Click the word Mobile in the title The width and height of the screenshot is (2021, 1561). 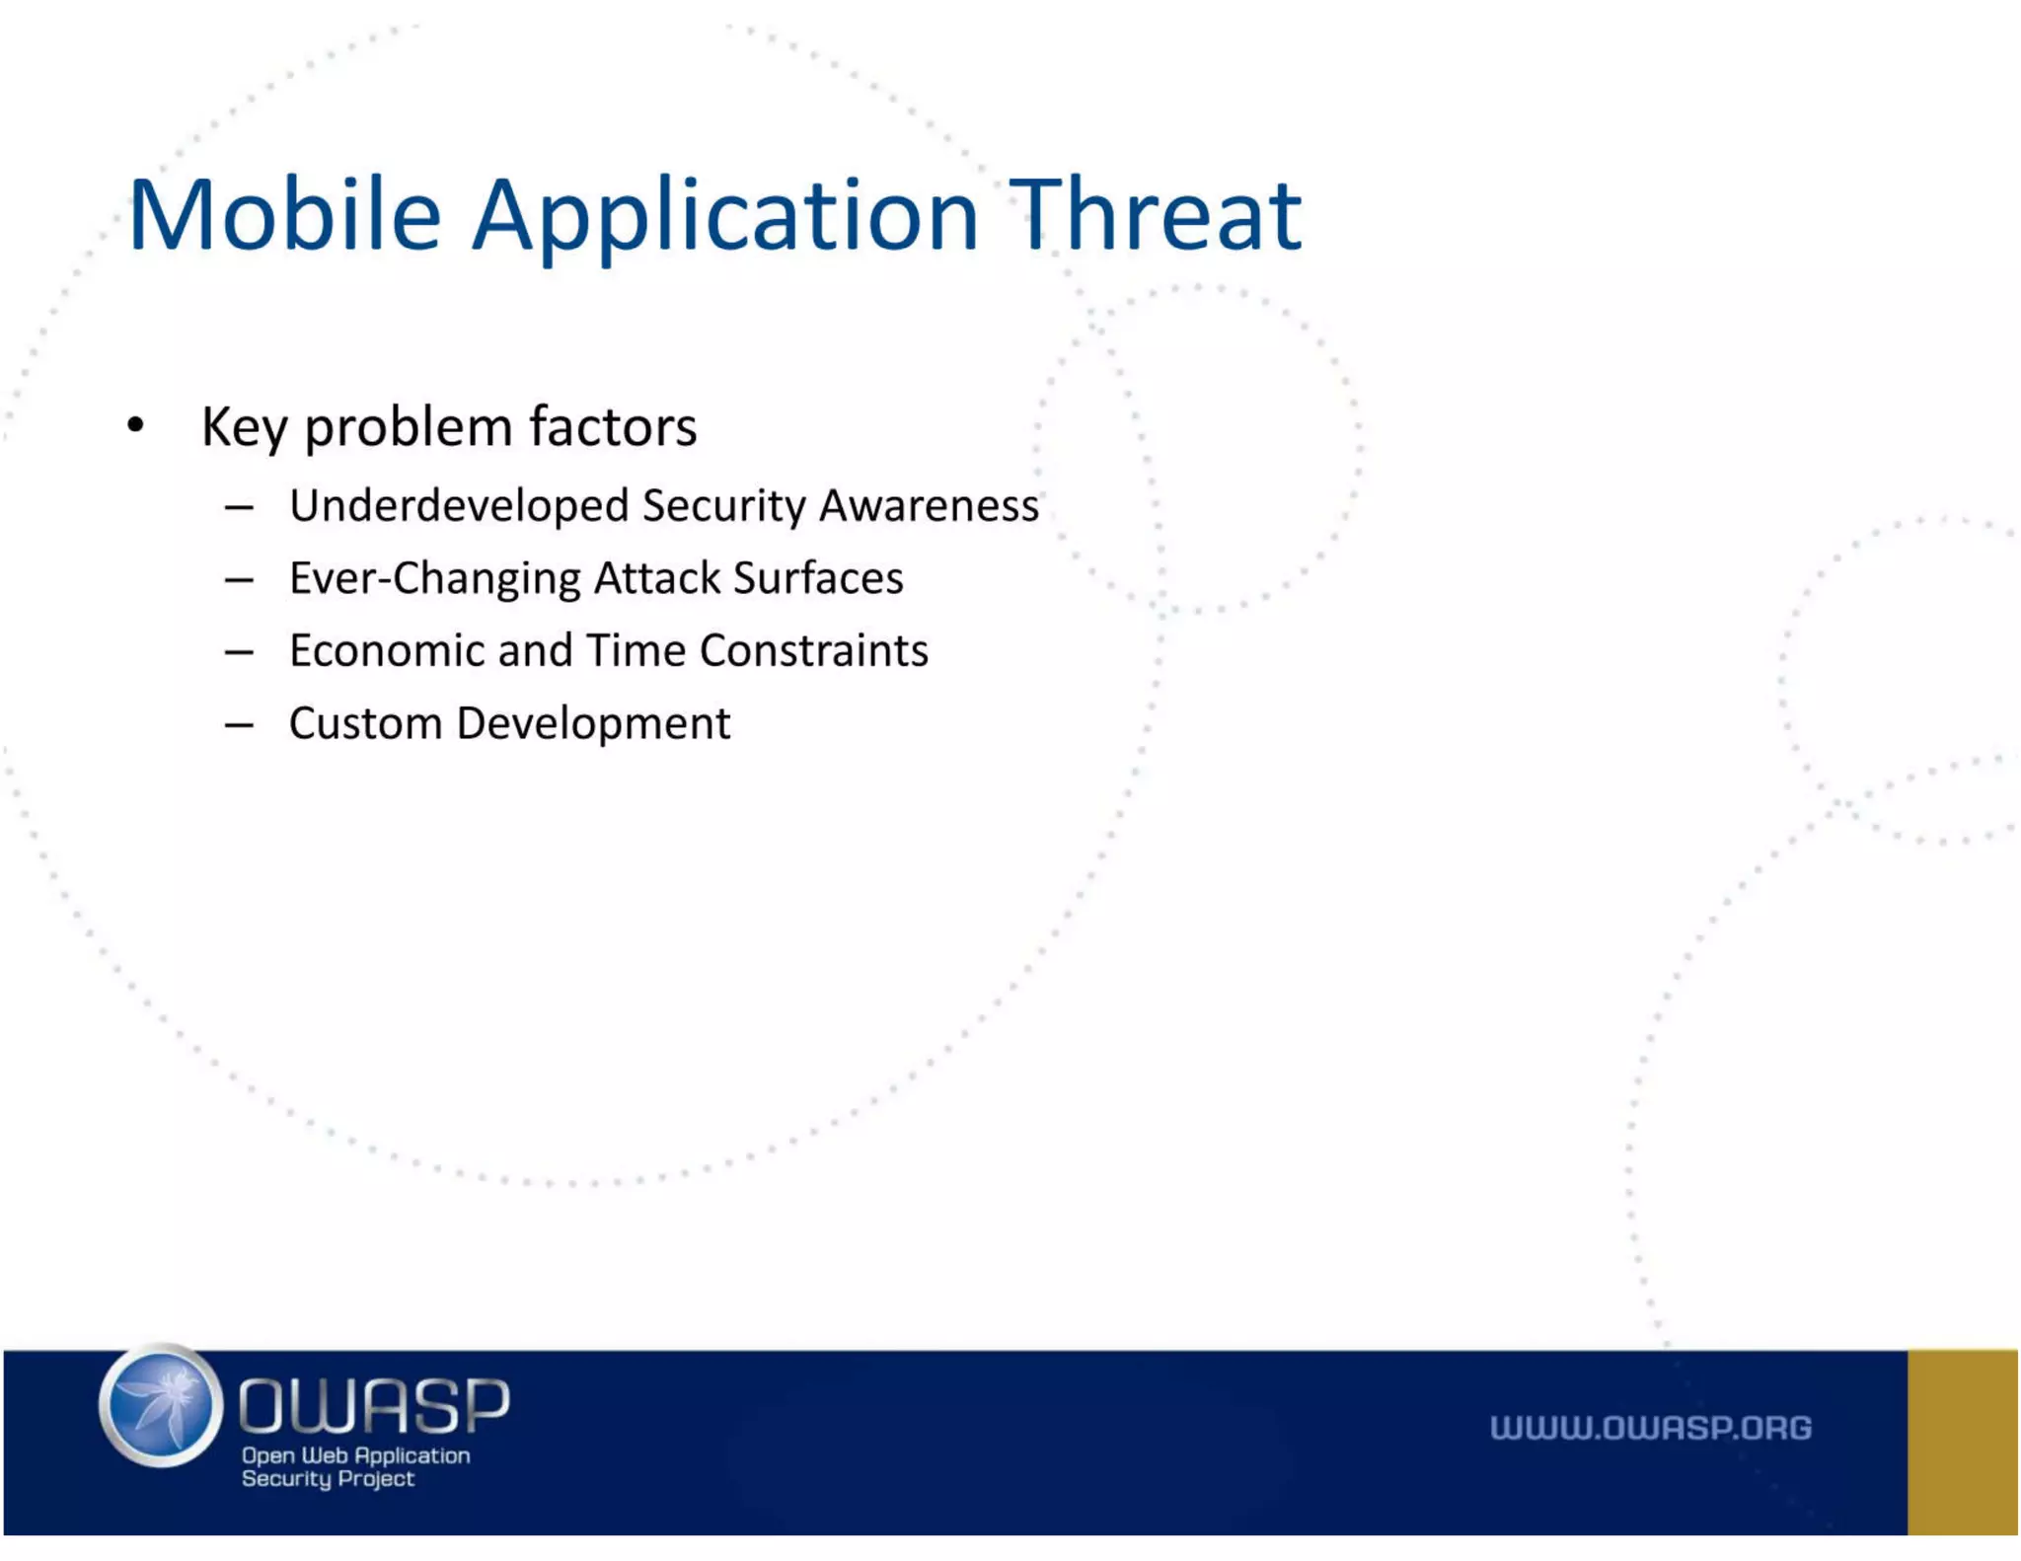point(284,214)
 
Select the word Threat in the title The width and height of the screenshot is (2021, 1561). point(1156,214)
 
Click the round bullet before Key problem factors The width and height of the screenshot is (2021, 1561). point(136,425)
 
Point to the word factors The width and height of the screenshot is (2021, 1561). point(613,426)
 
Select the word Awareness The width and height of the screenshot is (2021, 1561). point(929,505)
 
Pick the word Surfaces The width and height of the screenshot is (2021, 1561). point(818,578)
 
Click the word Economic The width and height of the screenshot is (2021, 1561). point(387,651)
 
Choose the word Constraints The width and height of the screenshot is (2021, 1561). point(814,651)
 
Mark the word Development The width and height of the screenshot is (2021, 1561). point(593,724)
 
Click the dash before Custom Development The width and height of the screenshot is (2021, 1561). point(239,725)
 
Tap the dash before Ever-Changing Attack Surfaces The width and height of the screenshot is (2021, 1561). point(239,580)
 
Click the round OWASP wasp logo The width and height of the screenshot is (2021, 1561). point(160,1405)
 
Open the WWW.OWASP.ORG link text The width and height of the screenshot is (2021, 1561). point(1650,1428)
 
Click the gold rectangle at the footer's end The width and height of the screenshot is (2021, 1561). point(1962,1442)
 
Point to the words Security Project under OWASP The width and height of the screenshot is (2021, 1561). point(328,1478)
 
